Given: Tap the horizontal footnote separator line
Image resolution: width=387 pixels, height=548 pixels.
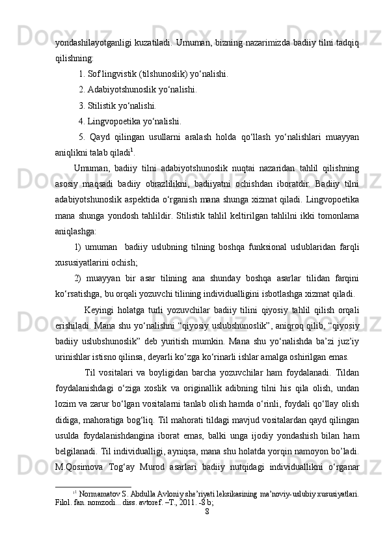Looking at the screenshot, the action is tap(94, 485).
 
